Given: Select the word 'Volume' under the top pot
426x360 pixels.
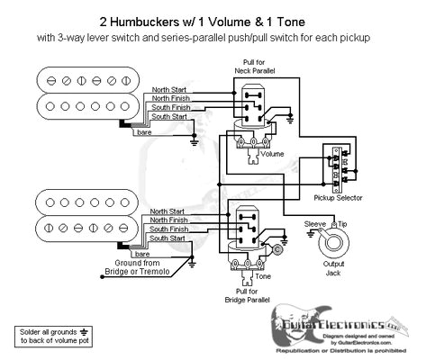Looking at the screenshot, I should point(271,154).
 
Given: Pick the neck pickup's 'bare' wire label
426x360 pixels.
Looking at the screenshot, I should point(144,132).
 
